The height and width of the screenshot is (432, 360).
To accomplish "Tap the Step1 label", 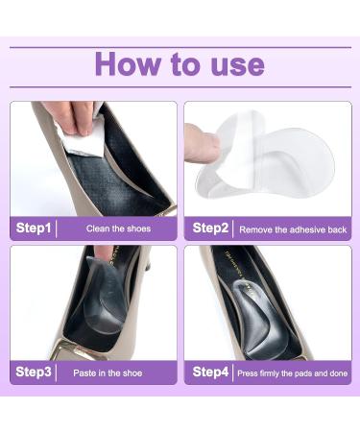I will pos(35,228).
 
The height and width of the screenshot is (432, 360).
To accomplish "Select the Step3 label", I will pos(35,372).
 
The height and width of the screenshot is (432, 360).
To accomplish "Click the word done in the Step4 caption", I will pos(330,372).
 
